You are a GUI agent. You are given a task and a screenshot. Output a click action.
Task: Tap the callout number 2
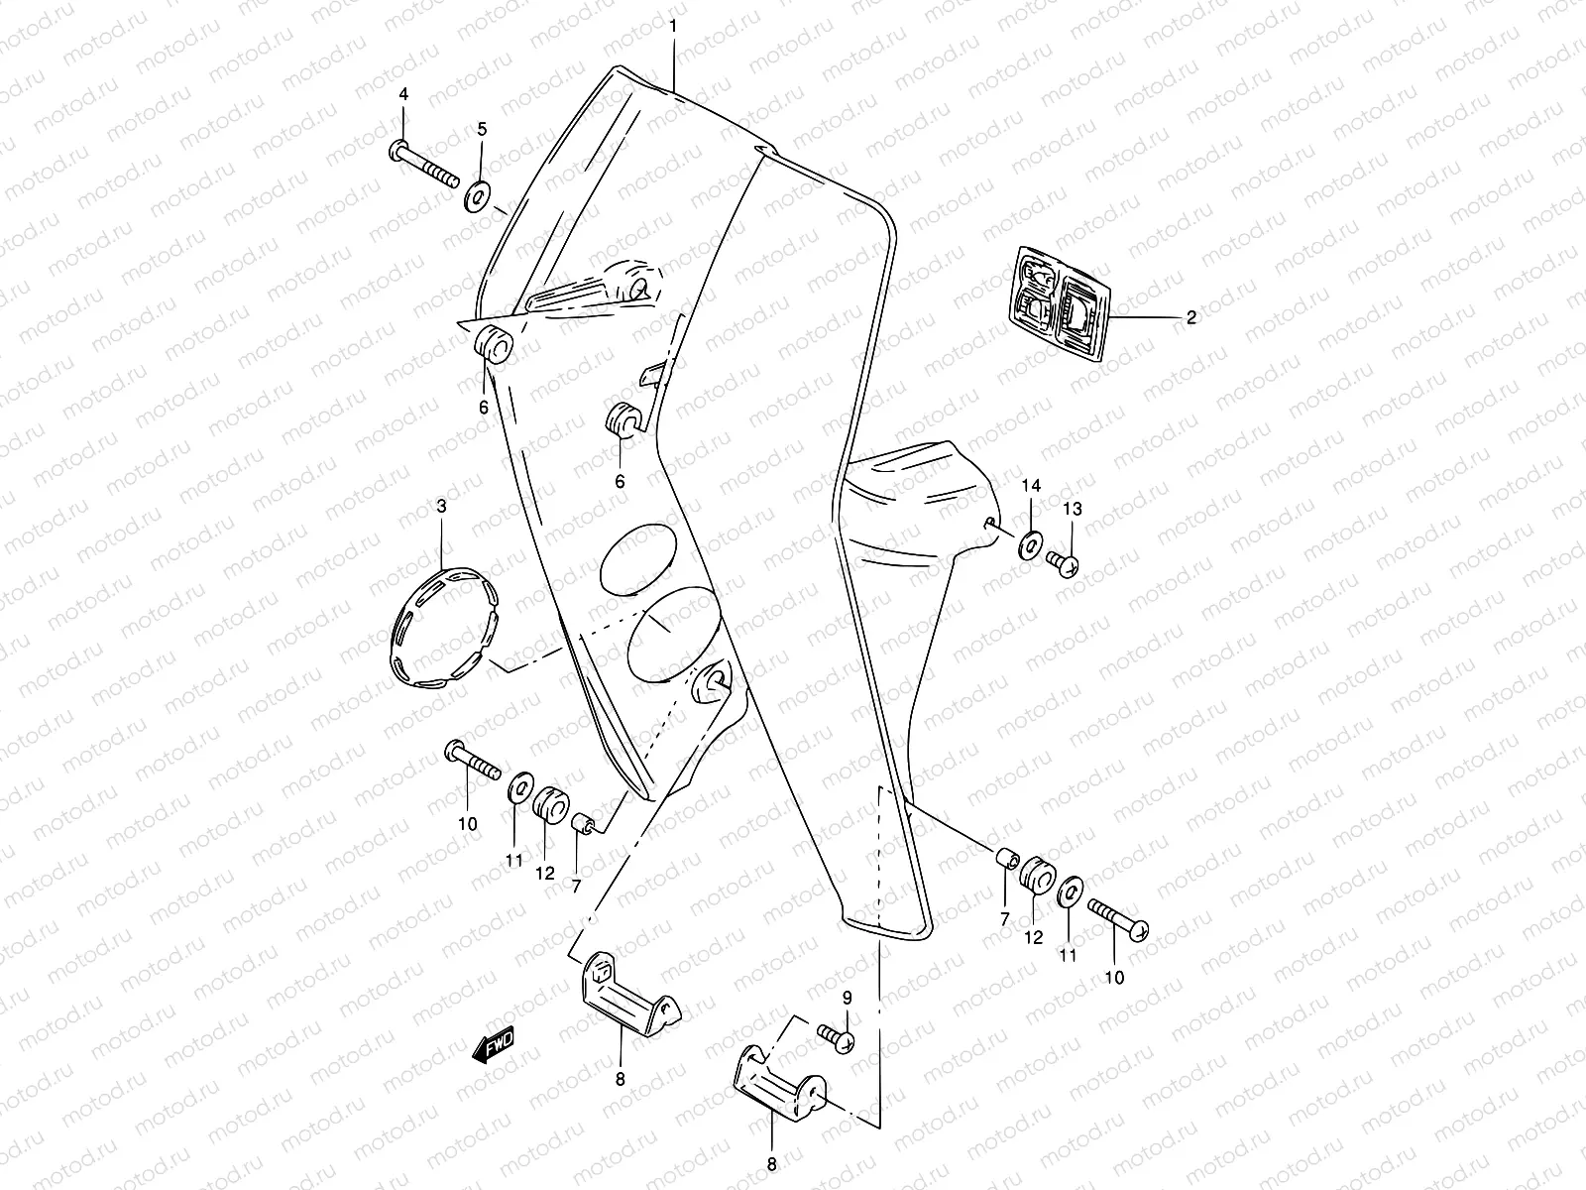1191,317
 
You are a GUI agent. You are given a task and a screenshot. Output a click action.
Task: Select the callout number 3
442,506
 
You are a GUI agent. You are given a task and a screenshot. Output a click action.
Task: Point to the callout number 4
403,94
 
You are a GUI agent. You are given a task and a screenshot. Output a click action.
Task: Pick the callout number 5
482,128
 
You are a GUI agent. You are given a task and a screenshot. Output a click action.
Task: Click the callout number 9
848,996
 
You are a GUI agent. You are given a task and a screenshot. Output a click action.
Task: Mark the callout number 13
1073,509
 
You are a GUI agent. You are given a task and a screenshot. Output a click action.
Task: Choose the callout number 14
1031,485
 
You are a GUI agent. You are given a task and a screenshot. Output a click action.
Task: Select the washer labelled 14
1029,542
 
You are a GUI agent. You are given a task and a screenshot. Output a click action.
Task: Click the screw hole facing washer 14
990,523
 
